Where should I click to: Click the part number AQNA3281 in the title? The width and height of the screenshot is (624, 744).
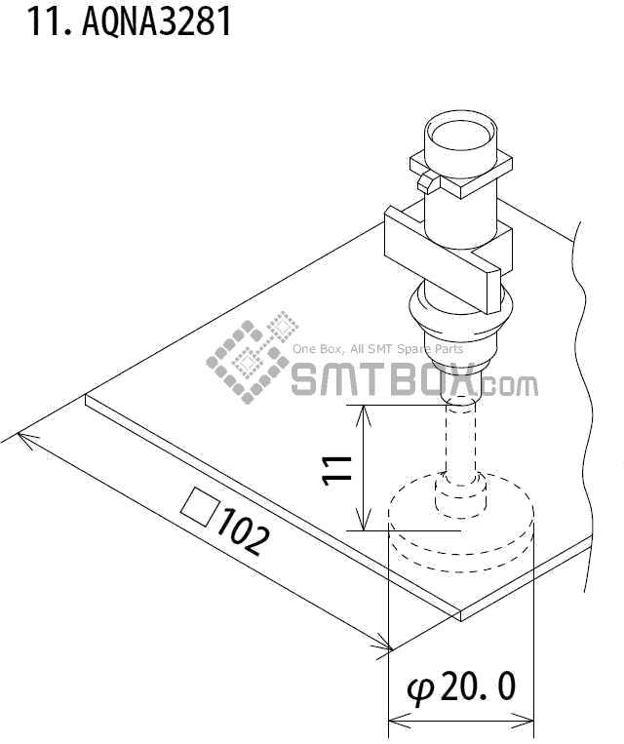(x=157, y=20)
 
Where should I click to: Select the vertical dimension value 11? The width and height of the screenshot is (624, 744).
(x=336, y=469)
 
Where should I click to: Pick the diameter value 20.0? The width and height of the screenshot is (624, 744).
(x=478, y=687)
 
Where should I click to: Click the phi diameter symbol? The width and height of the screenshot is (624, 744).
(x=420, y=689)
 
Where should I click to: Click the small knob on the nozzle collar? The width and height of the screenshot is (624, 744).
(x=426, y=181)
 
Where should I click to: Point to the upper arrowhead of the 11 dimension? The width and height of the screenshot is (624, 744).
(x=363, y=411)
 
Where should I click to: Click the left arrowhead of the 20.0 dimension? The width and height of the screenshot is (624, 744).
(x=394, y=723)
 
